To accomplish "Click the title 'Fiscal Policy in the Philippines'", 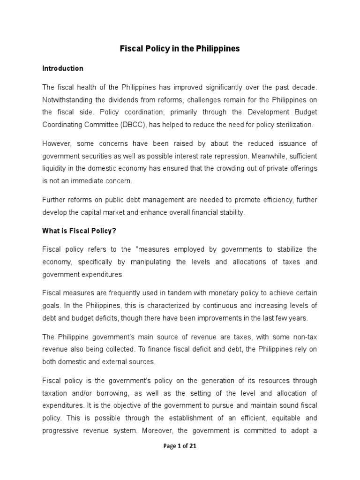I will coord(180,49).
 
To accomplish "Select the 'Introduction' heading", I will coord(63,68).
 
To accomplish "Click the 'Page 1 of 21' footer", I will coord(180,446).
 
